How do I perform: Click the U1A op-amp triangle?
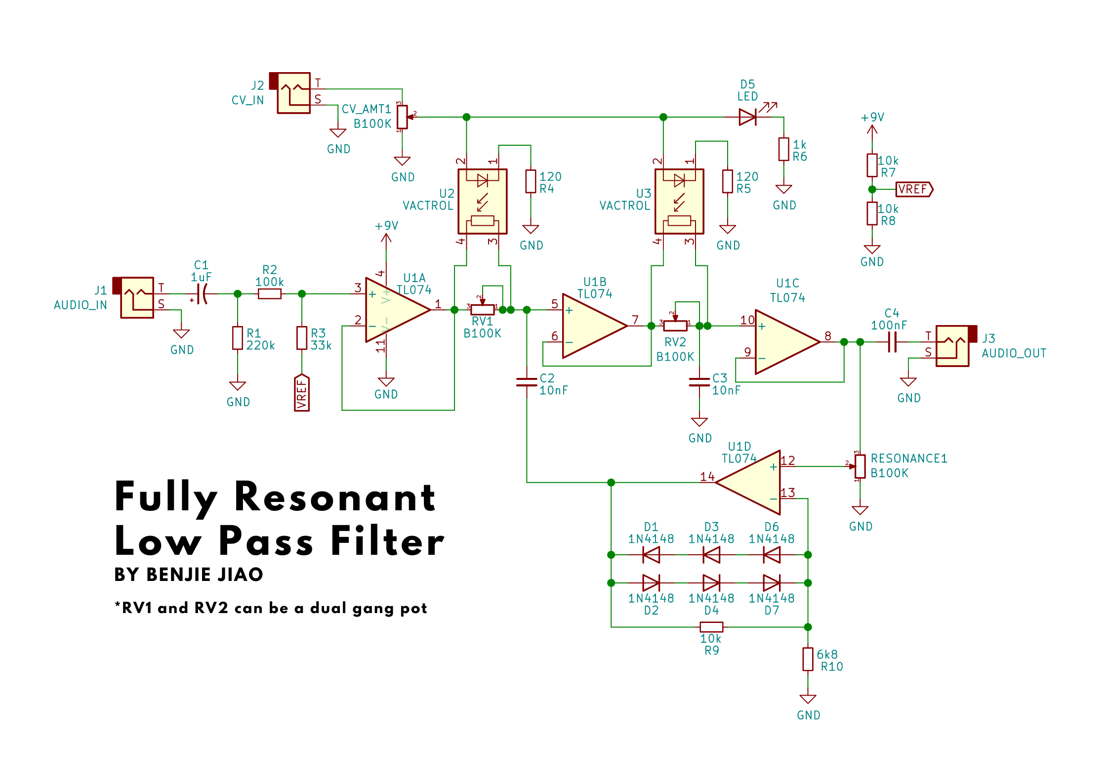(x=395, y=310)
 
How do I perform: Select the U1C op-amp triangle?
(x=785, y=342)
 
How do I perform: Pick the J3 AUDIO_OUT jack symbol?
(x=955, y=345)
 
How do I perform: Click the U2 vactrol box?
(x=483, y=201)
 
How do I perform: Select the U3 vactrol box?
(x=679, y=201)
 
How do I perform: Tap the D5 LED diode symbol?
(x=747, y=117)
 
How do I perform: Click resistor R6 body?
(x=783, y=149)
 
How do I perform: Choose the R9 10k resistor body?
(x=711, y=627)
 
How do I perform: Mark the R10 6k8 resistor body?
(x=808, y=659)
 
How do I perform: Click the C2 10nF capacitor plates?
(x=527, y=382)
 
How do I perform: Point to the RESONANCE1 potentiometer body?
(x=860, y=466)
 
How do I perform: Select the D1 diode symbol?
(x=651, y=555)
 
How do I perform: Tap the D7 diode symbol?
(x=772, y=583)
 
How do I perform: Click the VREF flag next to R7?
(x=914, y=189)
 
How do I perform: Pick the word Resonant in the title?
(x=335, y=497)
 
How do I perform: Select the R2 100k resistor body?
(x=270, y=294)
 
